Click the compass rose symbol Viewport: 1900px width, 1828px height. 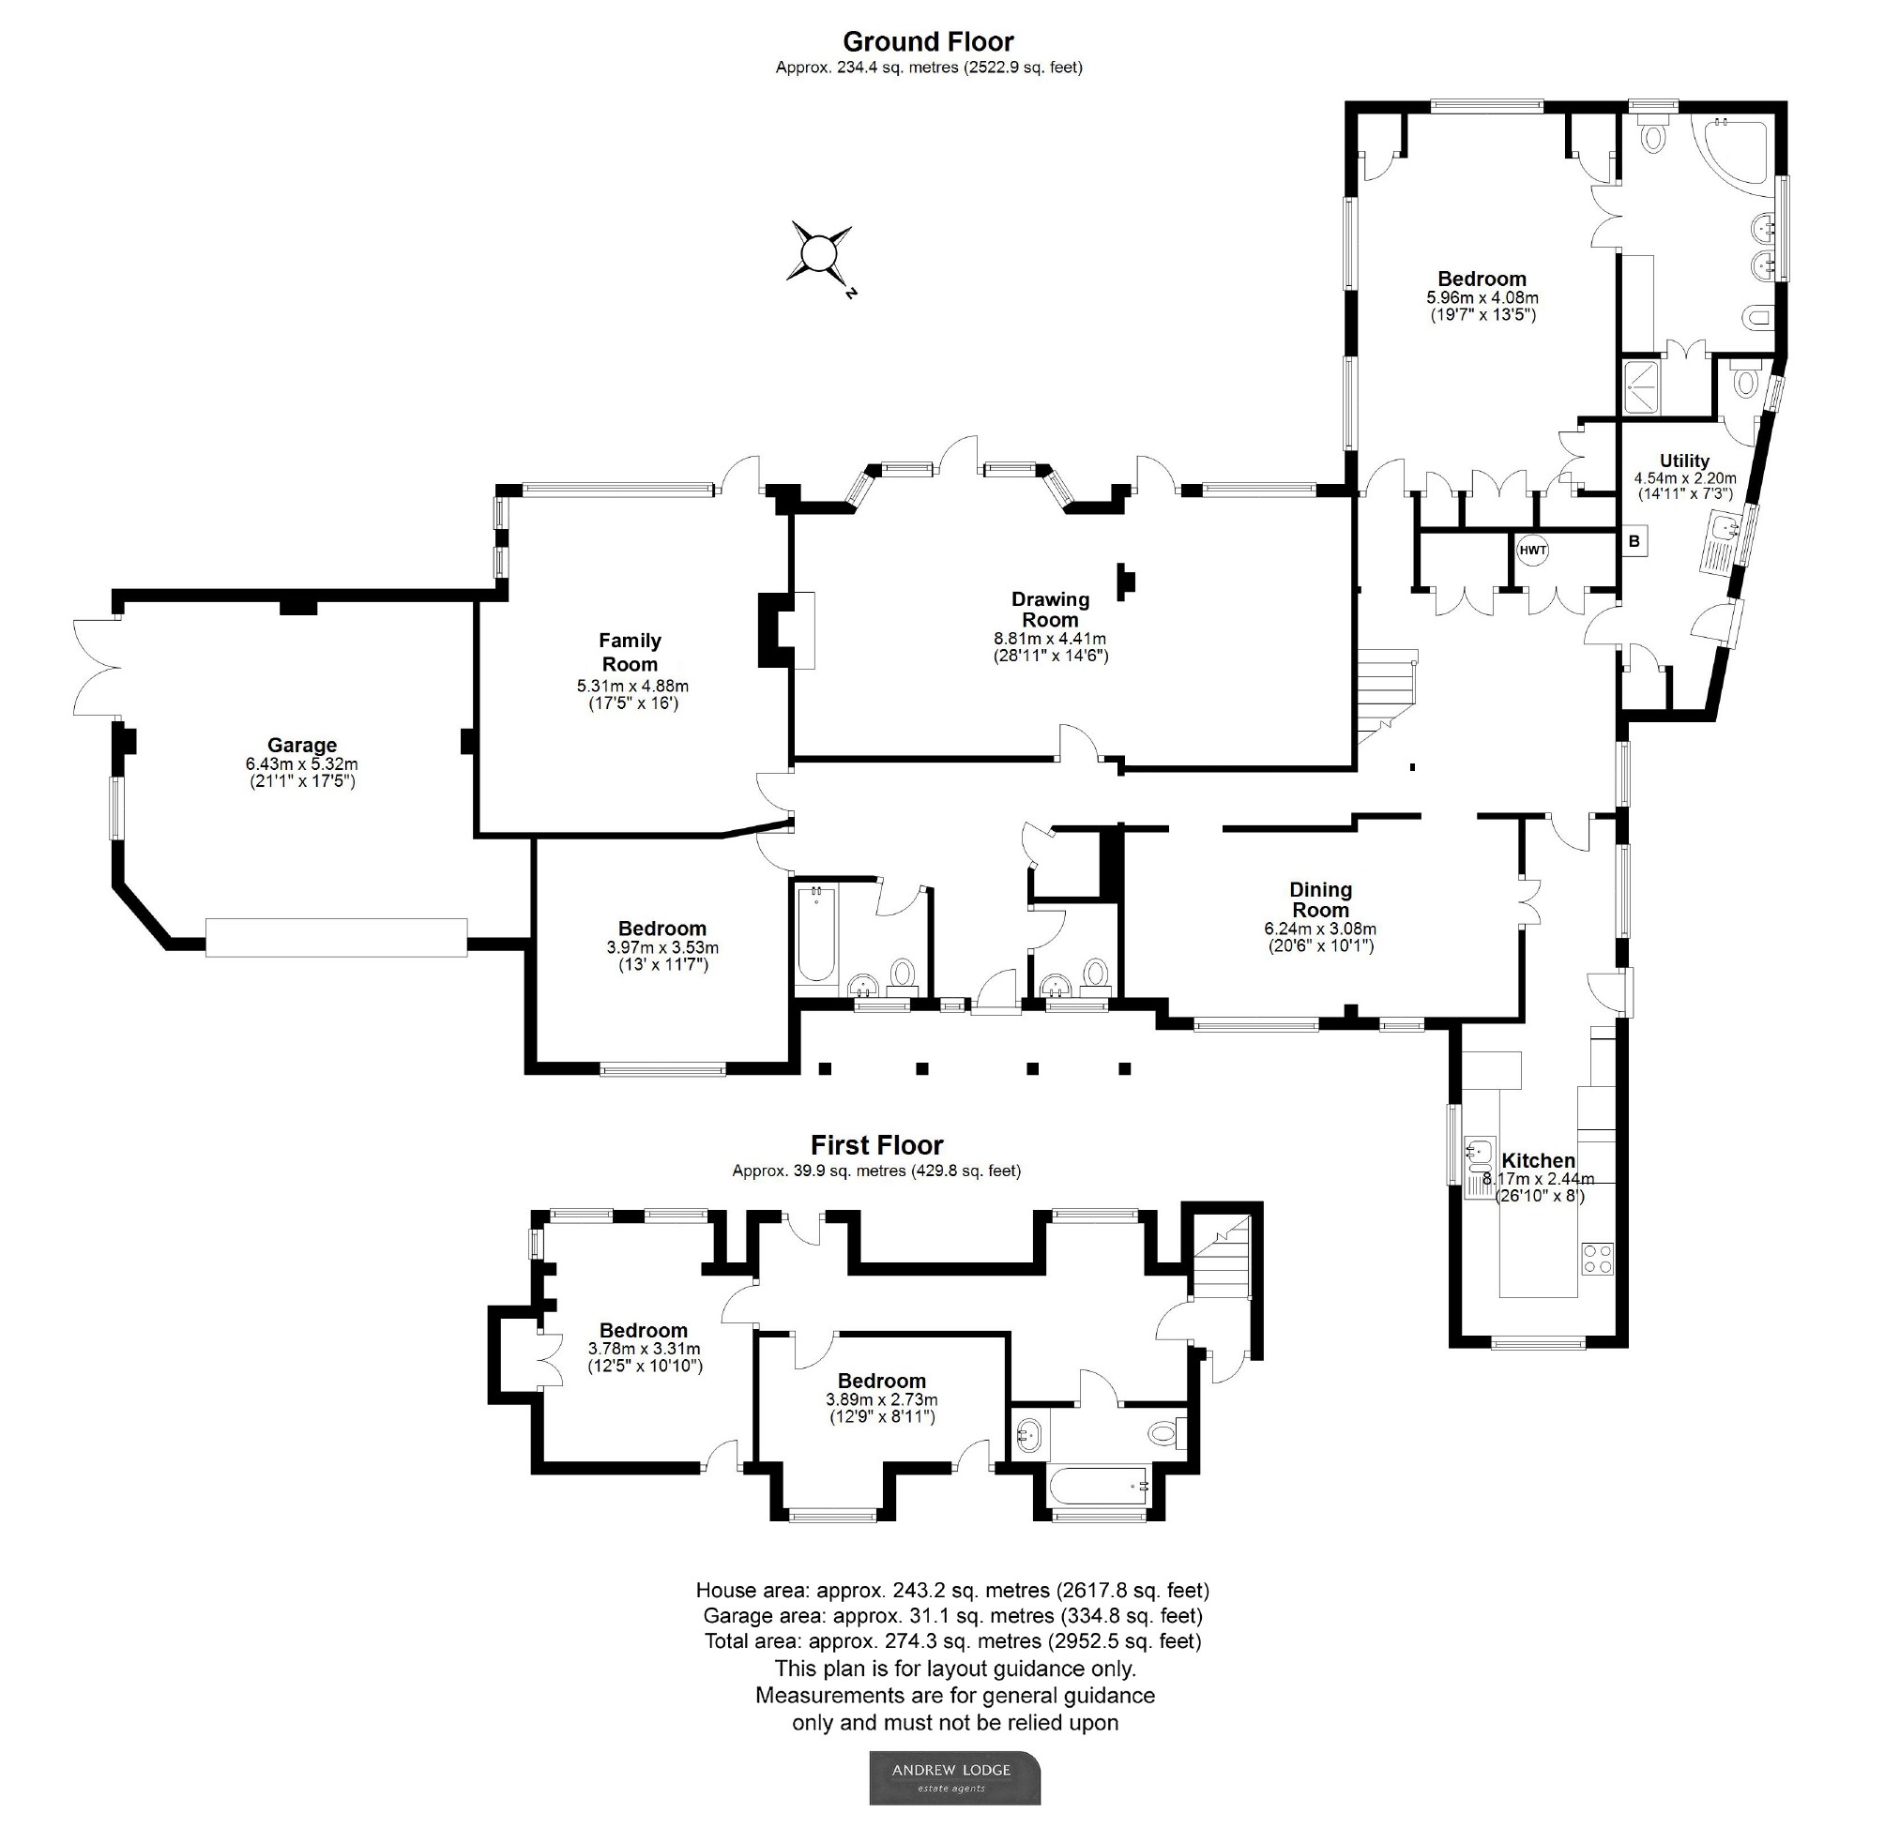(819, 255)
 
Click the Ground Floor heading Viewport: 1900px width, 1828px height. (928, 41)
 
